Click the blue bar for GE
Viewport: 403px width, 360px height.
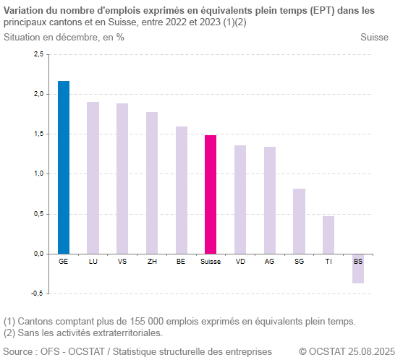coord(64,167)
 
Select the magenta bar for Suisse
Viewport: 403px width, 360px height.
coord(211,194)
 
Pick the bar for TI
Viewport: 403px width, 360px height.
coord(328,235)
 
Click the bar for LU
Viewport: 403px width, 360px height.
coord(93,178)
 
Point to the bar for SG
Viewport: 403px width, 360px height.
coord(299,221)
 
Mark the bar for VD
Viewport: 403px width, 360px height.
coord(240,200)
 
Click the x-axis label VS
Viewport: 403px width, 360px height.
coord(122,261)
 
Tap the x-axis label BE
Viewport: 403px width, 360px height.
coord(181,261)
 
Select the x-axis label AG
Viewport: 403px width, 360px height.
coord(270,261)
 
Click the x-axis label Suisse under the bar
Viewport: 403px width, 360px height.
coord(211,261)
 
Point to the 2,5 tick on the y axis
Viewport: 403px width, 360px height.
coord(38,54)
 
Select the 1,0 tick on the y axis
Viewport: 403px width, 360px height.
coord(38,173)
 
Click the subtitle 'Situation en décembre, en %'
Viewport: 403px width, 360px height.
coord(64,37)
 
